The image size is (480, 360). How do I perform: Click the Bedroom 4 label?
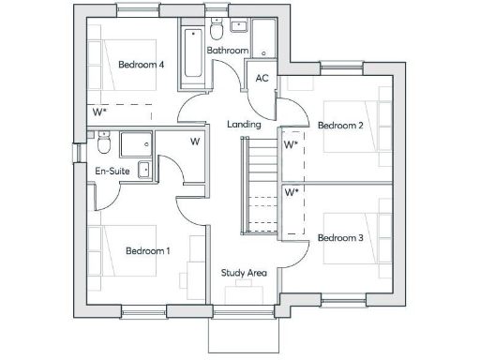pyautogui.click(x=142, y=65)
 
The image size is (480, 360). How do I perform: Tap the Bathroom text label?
pyautogui.click(x=228, y=50)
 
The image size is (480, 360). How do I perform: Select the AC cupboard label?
pyautogui.click(x=262, y=78)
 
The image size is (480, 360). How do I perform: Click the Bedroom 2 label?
pyautogui.click(x=339, y=126)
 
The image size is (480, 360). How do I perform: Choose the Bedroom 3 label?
pyautogui.click(x=339, y=237)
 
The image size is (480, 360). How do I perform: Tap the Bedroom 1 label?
pyautogui.click(x=148, y=250)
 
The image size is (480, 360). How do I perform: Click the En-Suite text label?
pyautogui.click(x=112, y=172)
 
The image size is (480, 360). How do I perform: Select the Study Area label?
pyautogui.click(x=244, y=273)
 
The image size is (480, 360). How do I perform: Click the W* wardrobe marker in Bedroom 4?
pyautogui.click(x=100, y=112)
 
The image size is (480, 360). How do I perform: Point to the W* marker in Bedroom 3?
pyautogui.click(x=292, y=192)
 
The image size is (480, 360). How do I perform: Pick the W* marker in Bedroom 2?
pyautogui.click(x=292, y=145)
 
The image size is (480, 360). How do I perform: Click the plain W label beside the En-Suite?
pyautogui.click(x=195, y=142)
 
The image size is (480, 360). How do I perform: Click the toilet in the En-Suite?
pyautogui.click(x=103, y=143)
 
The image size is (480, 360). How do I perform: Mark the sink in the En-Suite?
pyautogui.click(x=144, y=170)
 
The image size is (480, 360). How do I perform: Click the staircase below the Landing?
pyautogui.click(x=260, y=185)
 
